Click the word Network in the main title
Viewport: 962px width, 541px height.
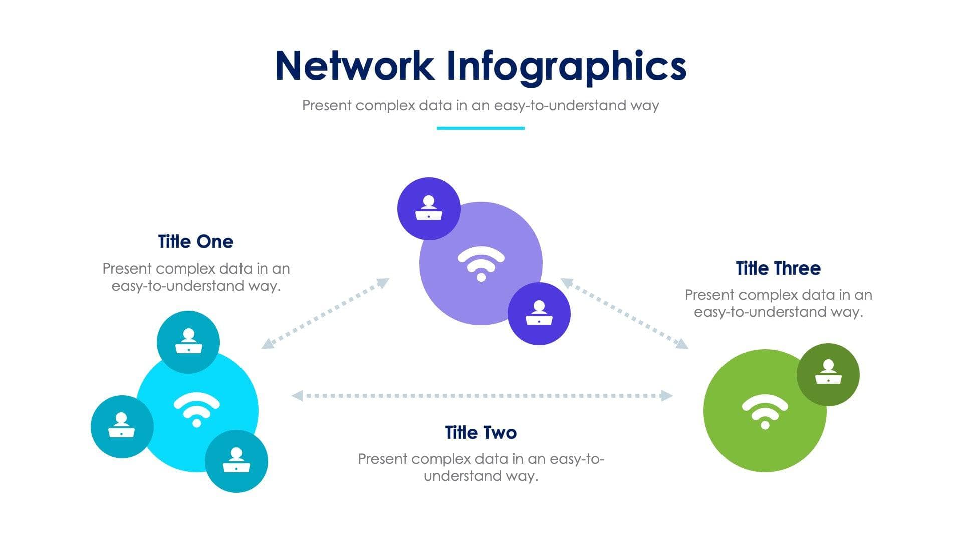[x=355, y=65]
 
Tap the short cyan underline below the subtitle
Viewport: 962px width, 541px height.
[x=480, y=128]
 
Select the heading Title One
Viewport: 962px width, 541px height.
[x=196, y=241]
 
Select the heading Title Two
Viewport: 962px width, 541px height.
[x=481, y=432]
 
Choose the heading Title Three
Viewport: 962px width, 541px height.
[x=778, y=268]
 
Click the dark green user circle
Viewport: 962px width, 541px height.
[x=828, y=375]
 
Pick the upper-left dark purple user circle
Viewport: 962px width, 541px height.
[x=429, y=209]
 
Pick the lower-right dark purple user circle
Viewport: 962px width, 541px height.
[x=539, y=314]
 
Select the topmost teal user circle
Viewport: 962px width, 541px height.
[x=188, y=342]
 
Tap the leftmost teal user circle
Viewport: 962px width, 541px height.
[x=122, y=427]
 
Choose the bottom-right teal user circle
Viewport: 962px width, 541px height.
[x=236, y=461]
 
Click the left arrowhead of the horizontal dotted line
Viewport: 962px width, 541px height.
[x=297, y=396]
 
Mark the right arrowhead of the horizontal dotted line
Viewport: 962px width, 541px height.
[x=667, y=396]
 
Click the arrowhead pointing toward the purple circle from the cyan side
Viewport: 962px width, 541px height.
[x=383, y=283]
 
